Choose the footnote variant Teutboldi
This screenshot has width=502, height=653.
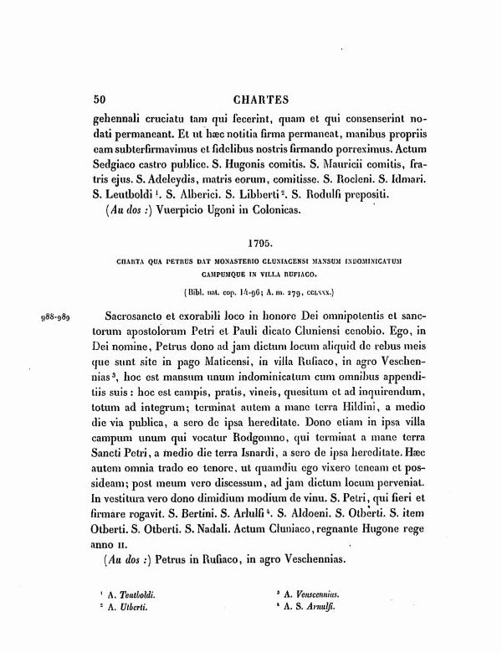pos(142,593)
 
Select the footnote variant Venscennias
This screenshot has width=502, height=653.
pos(319,593)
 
